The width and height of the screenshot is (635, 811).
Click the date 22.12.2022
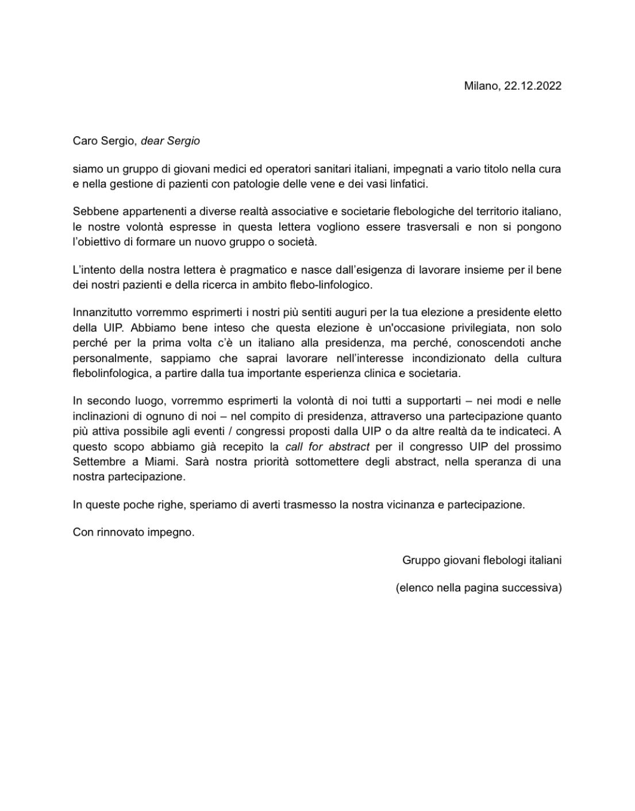click(x=533, y=86)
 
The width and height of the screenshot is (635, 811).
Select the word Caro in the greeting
click(x=84, y=141)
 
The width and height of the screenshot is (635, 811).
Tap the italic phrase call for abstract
click(x=327, y=447)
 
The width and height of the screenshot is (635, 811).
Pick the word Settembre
click(x=96, y=462)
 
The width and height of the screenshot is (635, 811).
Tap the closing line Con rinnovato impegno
click(x=134, y=532)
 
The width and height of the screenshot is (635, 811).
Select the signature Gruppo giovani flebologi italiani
click(x=482, y=560)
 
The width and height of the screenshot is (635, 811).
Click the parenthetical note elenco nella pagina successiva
click(x=479, y=588)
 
